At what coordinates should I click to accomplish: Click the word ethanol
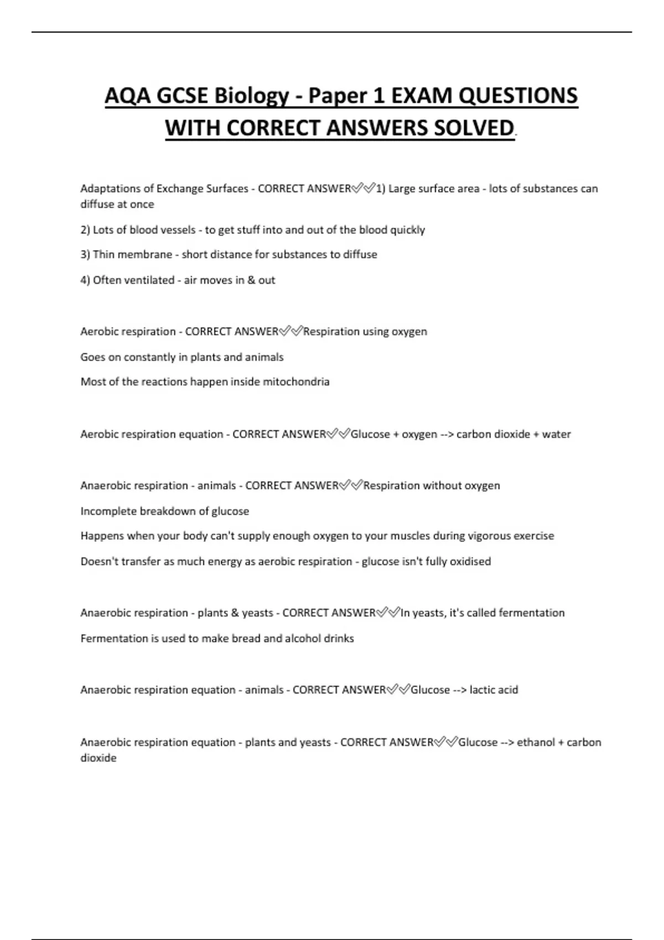coord(536,742)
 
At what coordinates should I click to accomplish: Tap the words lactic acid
coord(494,690)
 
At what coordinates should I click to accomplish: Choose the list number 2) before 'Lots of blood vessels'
coord(85,230)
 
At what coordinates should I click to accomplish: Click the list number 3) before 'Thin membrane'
coord(85,255)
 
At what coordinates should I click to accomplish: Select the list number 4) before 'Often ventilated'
coord(85,280)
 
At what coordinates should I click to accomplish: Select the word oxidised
coord(470,562)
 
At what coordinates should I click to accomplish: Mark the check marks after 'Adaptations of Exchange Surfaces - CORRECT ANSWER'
coord(364,189)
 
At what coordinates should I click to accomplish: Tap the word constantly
coord(148,357)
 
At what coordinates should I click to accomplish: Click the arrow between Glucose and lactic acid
coord(459,690)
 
